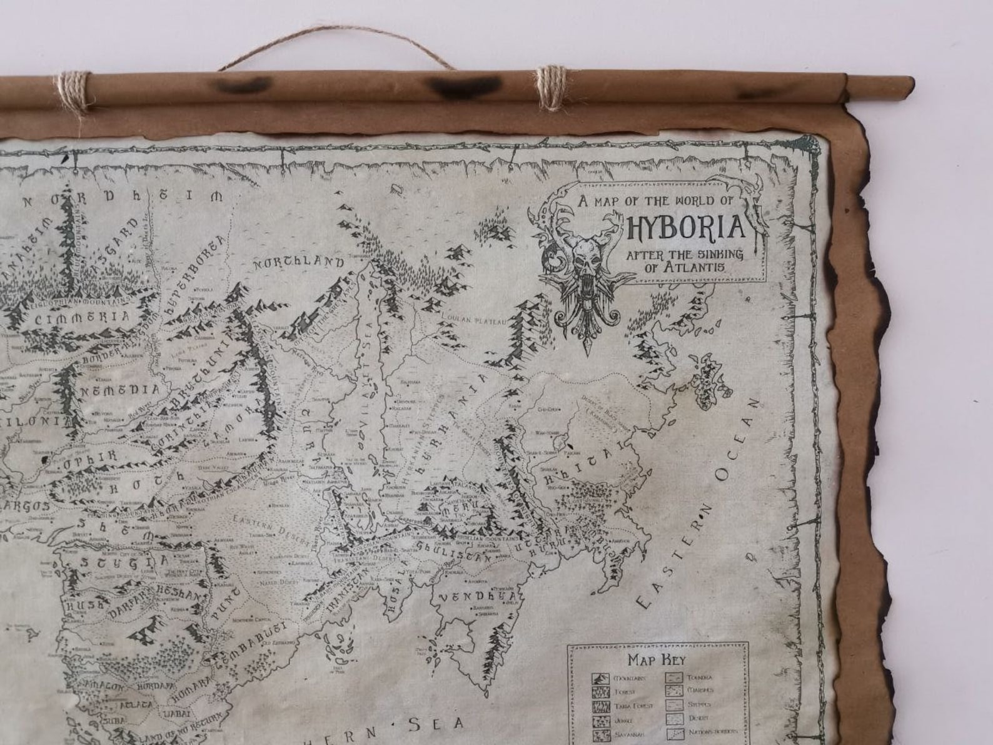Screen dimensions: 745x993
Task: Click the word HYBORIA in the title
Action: [x=686, y=227]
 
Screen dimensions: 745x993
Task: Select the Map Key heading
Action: [x=657, y=659]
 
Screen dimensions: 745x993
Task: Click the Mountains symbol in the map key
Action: [x=600, y=678]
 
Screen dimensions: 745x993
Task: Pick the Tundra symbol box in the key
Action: [x=674, y=677]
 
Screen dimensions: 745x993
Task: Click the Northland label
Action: [x=298, y=263]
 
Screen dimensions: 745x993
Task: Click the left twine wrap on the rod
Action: [x=74, y=92]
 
